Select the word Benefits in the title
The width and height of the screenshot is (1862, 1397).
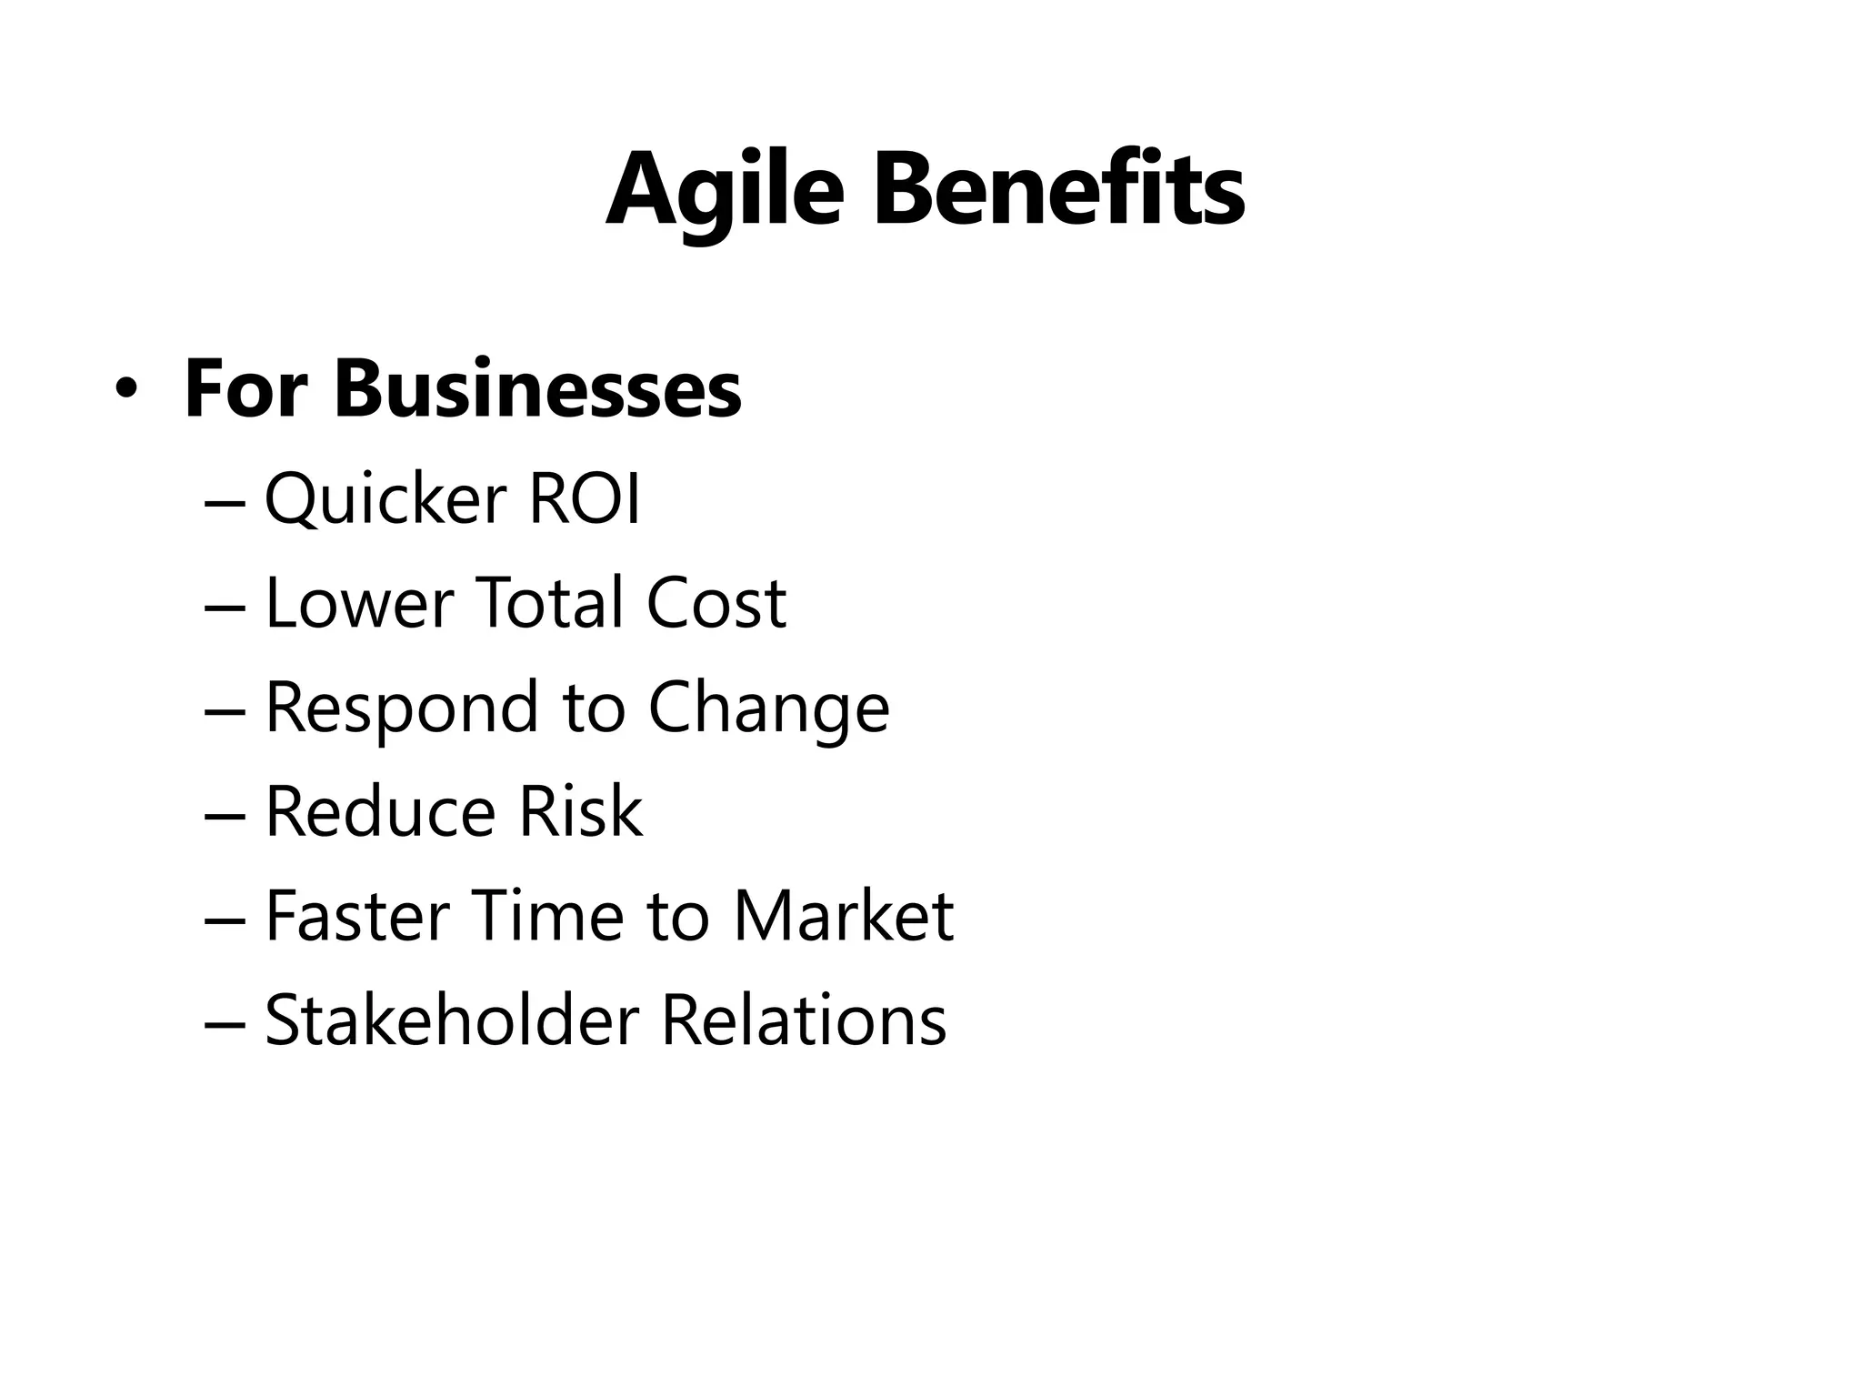[1058, 191]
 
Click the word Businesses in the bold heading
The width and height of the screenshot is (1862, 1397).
[537, 389]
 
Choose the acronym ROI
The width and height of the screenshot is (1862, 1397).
[585, 499]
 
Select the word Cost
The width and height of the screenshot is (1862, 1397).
[716, 603]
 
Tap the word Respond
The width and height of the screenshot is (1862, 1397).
[401, 709]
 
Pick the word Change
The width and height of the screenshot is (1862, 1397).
[768, 709]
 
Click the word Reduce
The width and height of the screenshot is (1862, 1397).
[378, 811]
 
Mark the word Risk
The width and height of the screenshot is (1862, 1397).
[580, 811]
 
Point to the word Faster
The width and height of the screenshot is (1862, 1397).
[357, 916]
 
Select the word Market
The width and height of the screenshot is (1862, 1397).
[843, 916]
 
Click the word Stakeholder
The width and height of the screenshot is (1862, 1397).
[452, 1020]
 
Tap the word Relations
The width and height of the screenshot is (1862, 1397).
[804, 1020]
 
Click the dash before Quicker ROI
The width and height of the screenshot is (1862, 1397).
[225, 503]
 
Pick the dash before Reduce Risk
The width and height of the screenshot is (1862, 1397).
[225, 815]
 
